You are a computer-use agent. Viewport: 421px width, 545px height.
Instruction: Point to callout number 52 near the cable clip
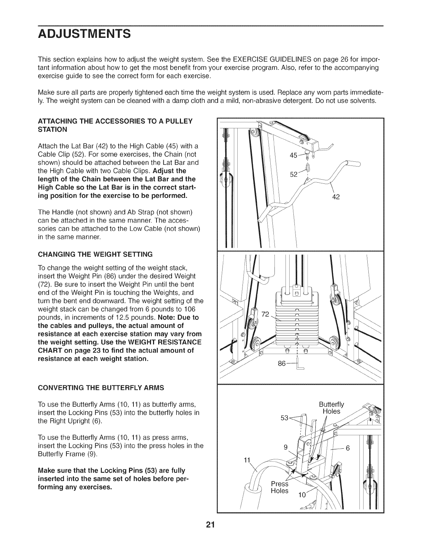[294, 174]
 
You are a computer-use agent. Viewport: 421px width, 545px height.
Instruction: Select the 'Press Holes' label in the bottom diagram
[280, 487]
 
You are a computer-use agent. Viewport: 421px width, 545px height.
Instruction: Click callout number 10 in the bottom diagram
[302, 495]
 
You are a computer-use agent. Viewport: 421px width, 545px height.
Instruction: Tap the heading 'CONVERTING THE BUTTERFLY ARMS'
[101, 388]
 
